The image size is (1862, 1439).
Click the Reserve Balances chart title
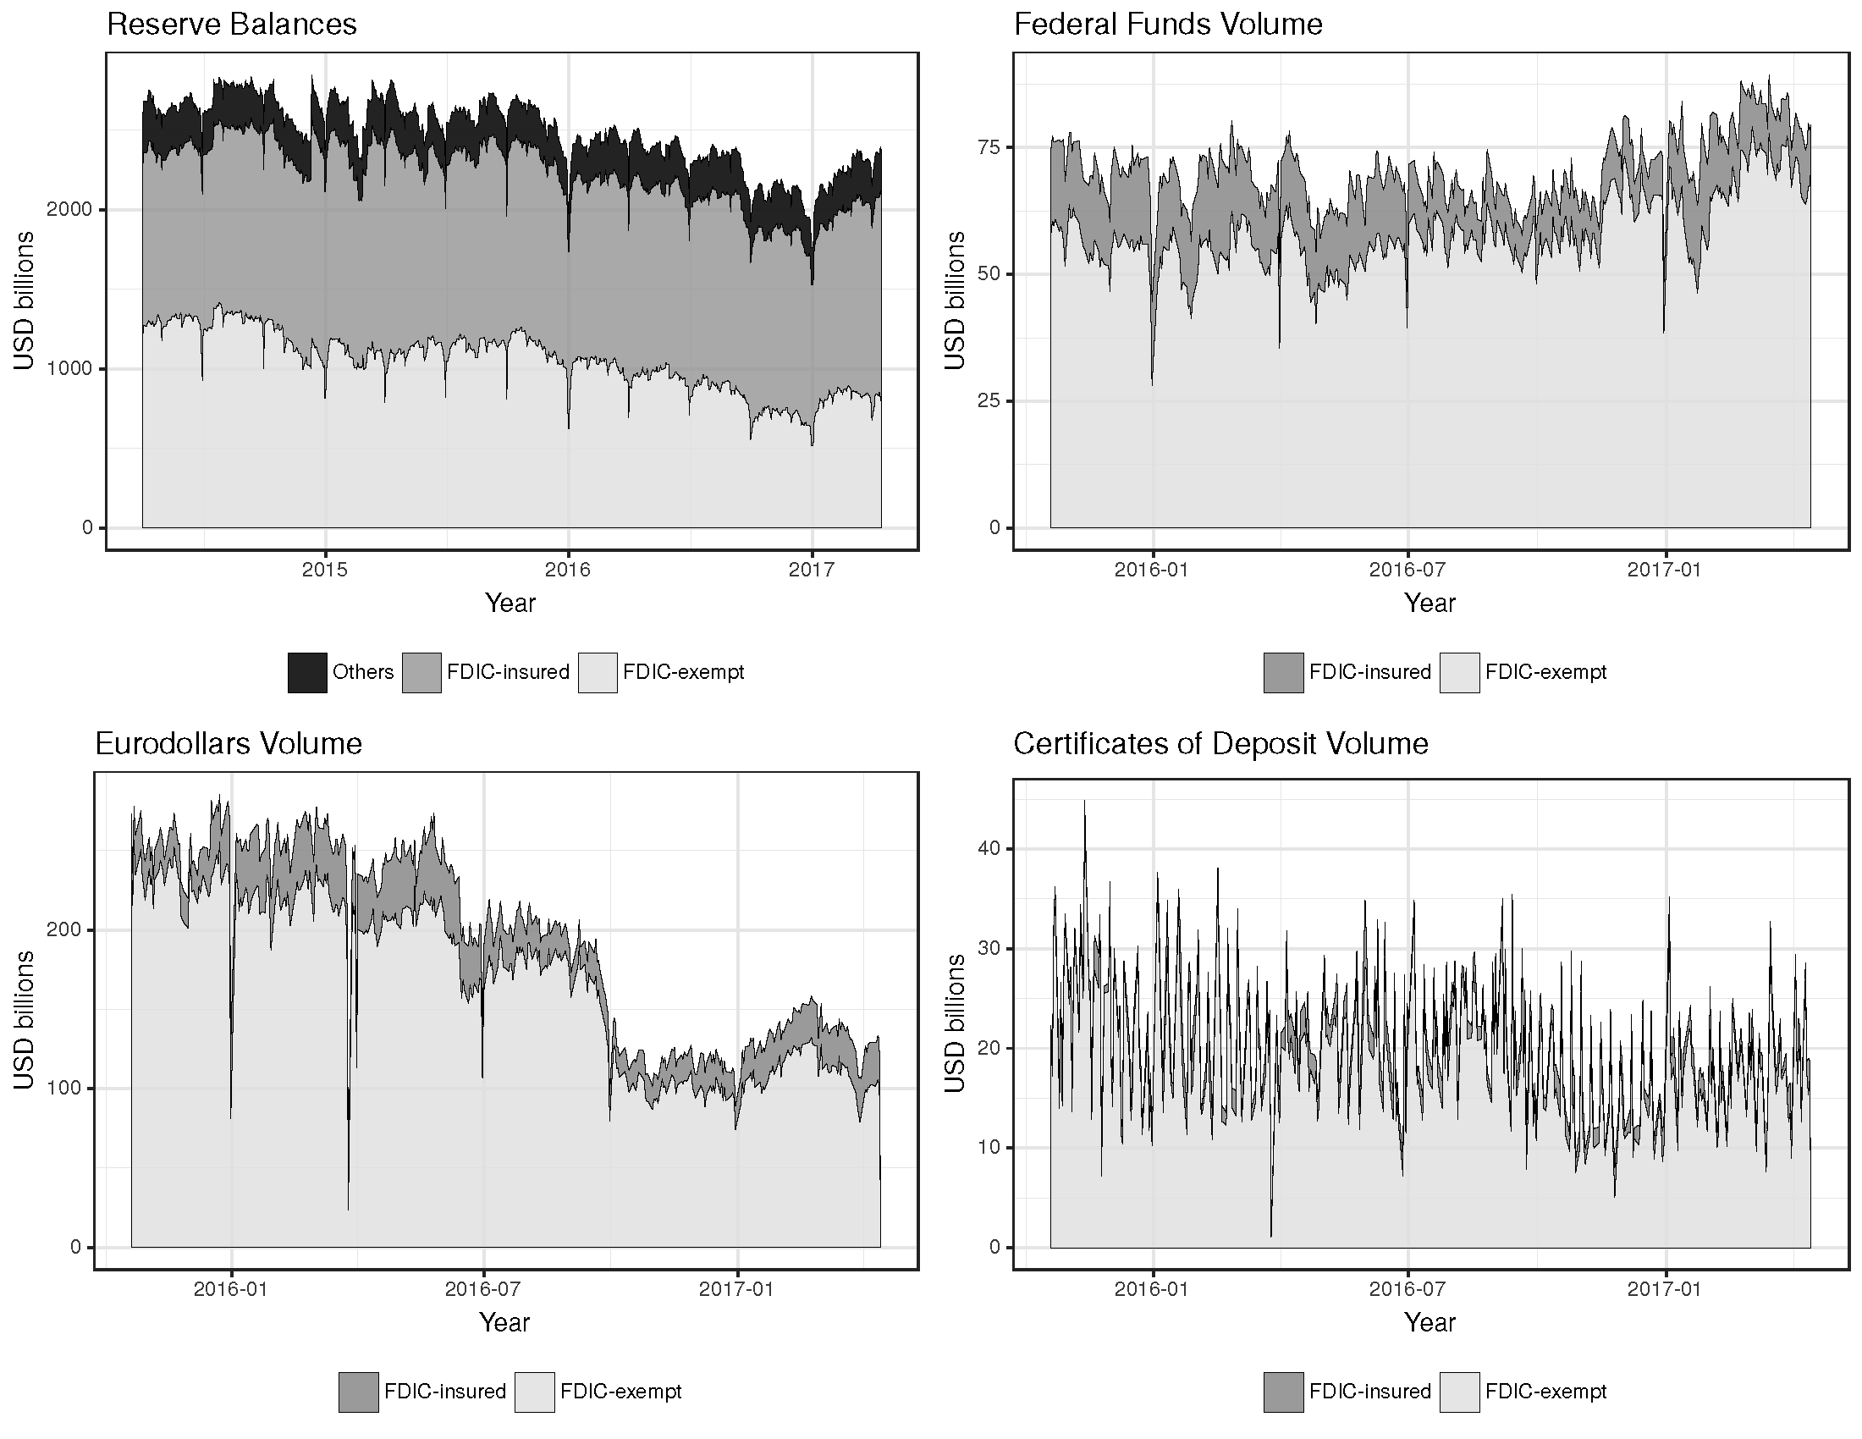[231, 25]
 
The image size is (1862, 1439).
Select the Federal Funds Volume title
[1167, 25]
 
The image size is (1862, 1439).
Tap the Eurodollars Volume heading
[229, 744]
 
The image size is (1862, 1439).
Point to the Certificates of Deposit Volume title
[1220, 744]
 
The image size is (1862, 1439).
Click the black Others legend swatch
[307, 672]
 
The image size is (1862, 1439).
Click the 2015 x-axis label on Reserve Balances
[325, 571]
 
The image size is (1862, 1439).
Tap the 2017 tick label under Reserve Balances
[812, 571]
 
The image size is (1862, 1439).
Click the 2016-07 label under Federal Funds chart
[1408, 571]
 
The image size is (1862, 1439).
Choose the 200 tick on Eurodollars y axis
[65, 929]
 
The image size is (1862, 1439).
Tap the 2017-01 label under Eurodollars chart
[736, 1290]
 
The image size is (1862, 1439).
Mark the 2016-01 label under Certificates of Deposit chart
[1153, 1290]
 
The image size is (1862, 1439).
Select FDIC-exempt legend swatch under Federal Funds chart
[1459, 672]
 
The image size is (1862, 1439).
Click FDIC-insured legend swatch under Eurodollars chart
[358, 1392]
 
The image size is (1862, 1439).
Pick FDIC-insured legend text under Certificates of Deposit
[1369, 1392]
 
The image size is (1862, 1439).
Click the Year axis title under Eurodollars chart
[504, 1322]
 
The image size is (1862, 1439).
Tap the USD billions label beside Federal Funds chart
[956, 300]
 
